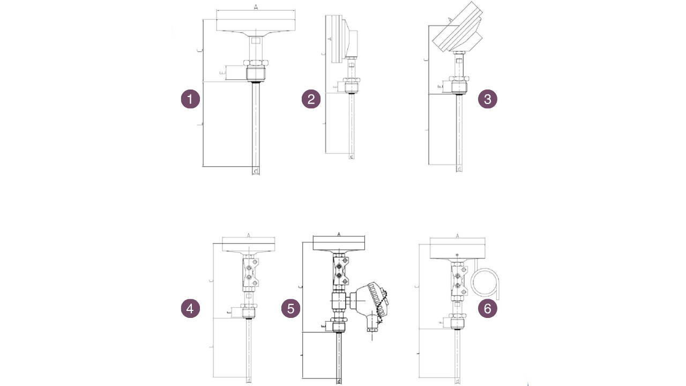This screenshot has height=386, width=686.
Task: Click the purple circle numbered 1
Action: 190,99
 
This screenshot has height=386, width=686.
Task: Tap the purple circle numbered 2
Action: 311,99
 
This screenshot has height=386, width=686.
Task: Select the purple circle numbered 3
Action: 487,99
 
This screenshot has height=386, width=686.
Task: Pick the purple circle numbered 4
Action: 190,308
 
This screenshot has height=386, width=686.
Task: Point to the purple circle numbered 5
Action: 291,308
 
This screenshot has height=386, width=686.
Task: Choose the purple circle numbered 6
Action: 487,308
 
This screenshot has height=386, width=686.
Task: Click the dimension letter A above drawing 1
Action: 256,7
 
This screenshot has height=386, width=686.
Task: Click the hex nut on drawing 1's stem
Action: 256,72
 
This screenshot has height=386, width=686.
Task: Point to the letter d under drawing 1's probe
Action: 256,172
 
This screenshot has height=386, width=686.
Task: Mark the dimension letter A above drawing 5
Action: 339,234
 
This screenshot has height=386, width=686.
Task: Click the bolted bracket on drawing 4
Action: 250,272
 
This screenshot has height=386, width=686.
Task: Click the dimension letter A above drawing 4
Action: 249,235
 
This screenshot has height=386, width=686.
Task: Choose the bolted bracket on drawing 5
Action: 340,271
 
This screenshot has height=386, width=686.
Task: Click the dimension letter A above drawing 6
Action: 457,235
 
